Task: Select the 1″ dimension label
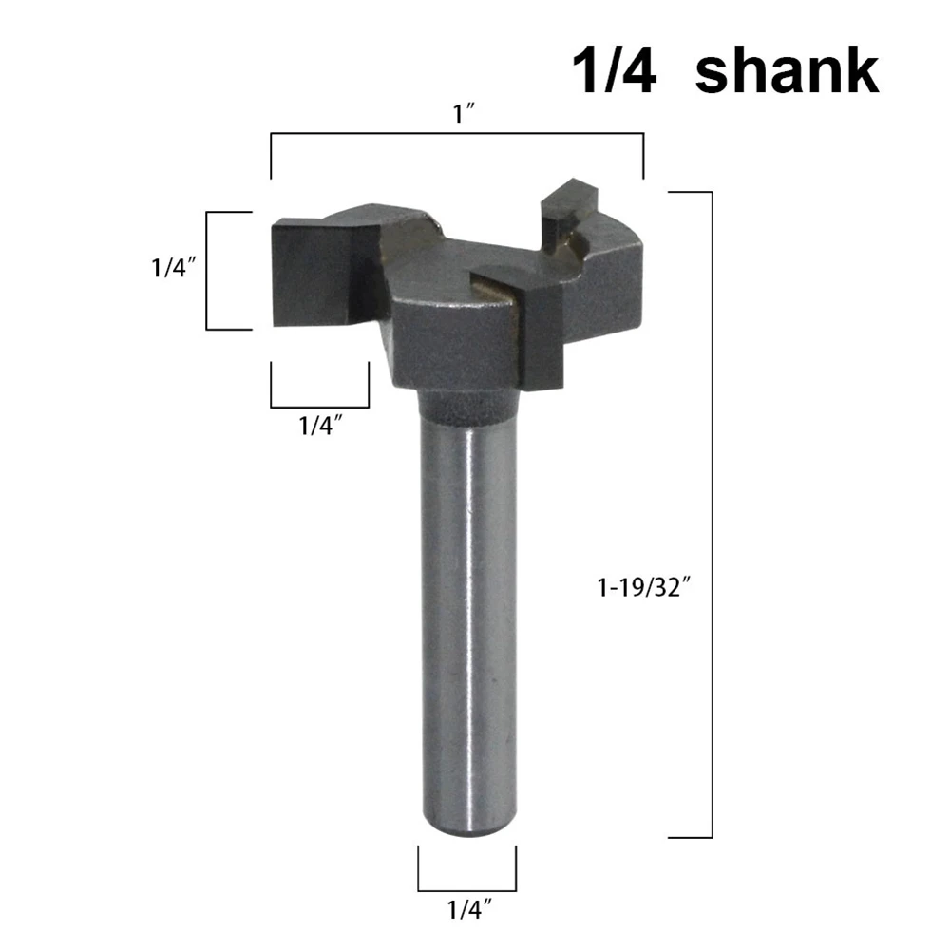click(464, 116)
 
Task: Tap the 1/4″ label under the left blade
click(320, 427)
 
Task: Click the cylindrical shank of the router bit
click(466, 618)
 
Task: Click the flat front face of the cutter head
click(447, 347)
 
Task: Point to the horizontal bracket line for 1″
click(457, 136)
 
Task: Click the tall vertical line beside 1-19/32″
click(712, 513)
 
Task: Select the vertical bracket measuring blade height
click(208, 271)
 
